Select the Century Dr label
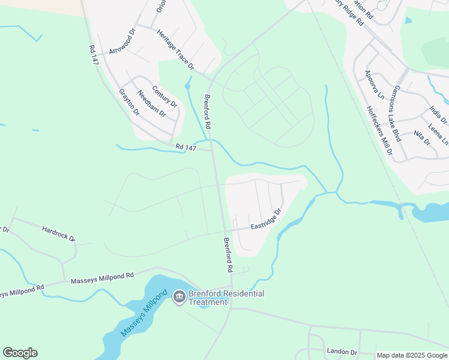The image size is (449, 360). click(164, 97)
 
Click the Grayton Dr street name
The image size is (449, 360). click(129, 102)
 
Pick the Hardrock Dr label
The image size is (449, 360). click(58, 233)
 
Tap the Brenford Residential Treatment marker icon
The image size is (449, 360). click(179, 297)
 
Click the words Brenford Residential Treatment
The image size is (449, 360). click(226, 298)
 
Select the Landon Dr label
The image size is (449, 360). click(342, 352)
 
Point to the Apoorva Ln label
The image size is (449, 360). click(374, 84)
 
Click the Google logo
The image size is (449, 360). click(20, 353)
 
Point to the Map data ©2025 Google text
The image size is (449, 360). click(412, 355)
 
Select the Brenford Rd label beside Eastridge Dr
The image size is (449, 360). click(229, 253)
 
